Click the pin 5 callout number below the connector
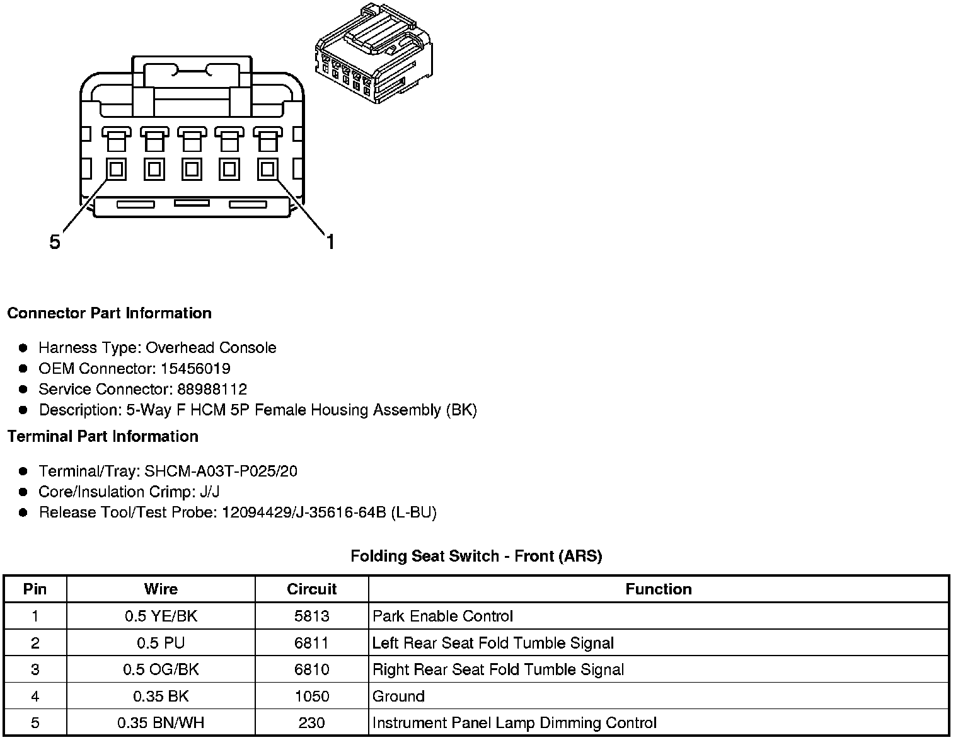click(x=55, y=241)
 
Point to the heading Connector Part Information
click(x=109, y=313)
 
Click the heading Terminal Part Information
click(x=103, y=436)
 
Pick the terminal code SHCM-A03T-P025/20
click(x=221, y=471)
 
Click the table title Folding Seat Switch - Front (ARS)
click(x=476, y=556)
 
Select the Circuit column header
click(x=311, y=589)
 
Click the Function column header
click(x=658, y=589)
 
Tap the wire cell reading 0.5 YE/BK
click(x=161, y=616)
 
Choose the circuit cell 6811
click(x=311, y=643)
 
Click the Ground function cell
click(x=398, y=696)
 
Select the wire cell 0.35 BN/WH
click(x=161, y=722)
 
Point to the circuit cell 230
click(x=311, y=722)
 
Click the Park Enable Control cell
click(x=442, y=616)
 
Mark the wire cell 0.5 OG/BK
click(x=161, y=669)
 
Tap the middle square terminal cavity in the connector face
click(x=192, y=169)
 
